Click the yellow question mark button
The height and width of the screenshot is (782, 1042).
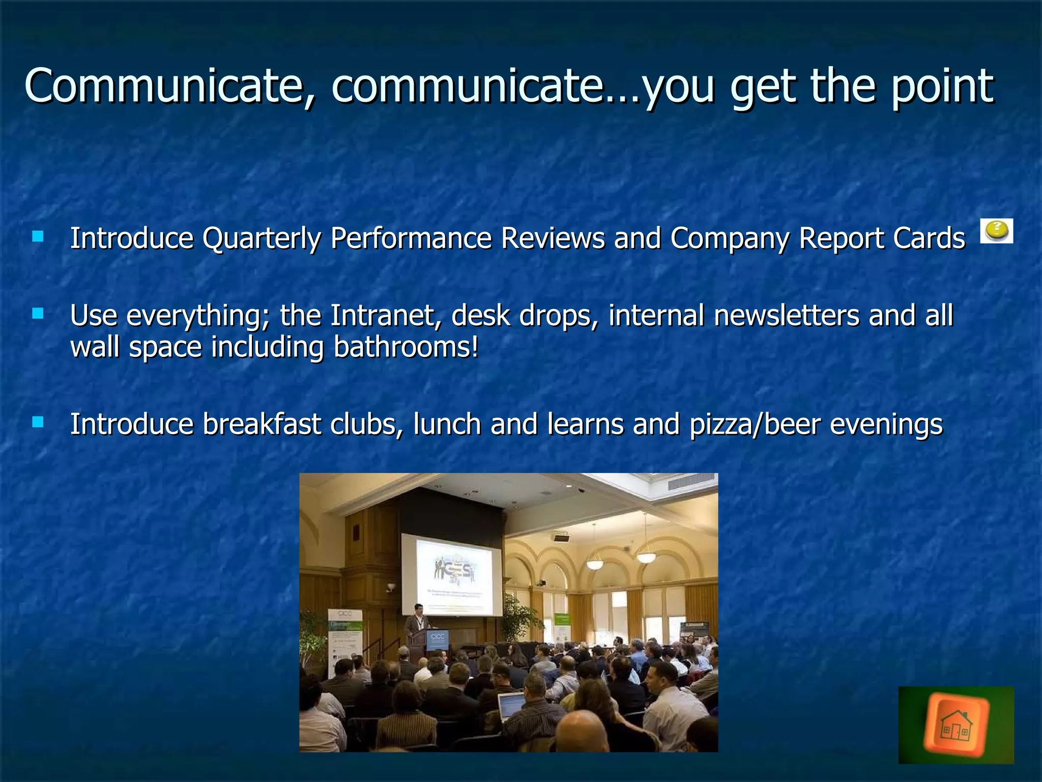996,231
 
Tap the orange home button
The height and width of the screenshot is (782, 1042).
956,725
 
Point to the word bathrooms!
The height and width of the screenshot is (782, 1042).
406,347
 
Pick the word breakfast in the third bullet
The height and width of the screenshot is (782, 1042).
262,424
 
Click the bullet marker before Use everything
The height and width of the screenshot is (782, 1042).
38,314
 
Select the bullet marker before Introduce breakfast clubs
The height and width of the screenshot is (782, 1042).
38,422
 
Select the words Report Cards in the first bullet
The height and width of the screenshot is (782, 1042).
882,238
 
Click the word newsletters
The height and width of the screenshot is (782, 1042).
787,315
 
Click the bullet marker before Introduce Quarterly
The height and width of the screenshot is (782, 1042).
38,236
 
